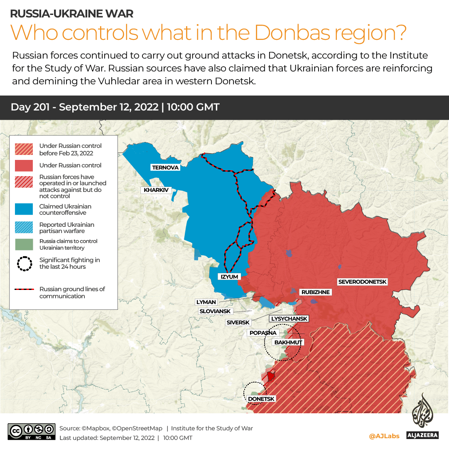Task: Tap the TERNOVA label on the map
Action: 165,167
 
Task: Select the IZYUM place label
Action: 229,277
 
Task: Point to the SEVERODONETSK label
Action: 362,282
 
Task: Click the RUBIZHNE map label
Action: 315,292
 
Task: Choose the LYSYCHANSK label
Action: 289,319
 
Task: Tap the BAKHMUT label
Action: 287,342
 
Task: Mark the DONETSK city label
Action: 261,399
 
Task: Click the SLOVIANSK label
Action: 215,311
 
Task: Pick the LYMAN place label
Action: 206,302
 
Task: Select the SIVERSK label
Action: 238,322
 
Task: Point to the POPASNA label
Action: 263,333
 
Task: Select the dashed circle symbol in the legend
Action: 25,263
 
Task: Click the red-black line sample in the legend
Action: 25,290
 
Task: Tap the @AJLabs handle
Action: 384,436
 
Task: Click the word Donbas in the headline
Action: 285,32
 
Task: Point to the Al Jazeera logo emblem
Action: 422,411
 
